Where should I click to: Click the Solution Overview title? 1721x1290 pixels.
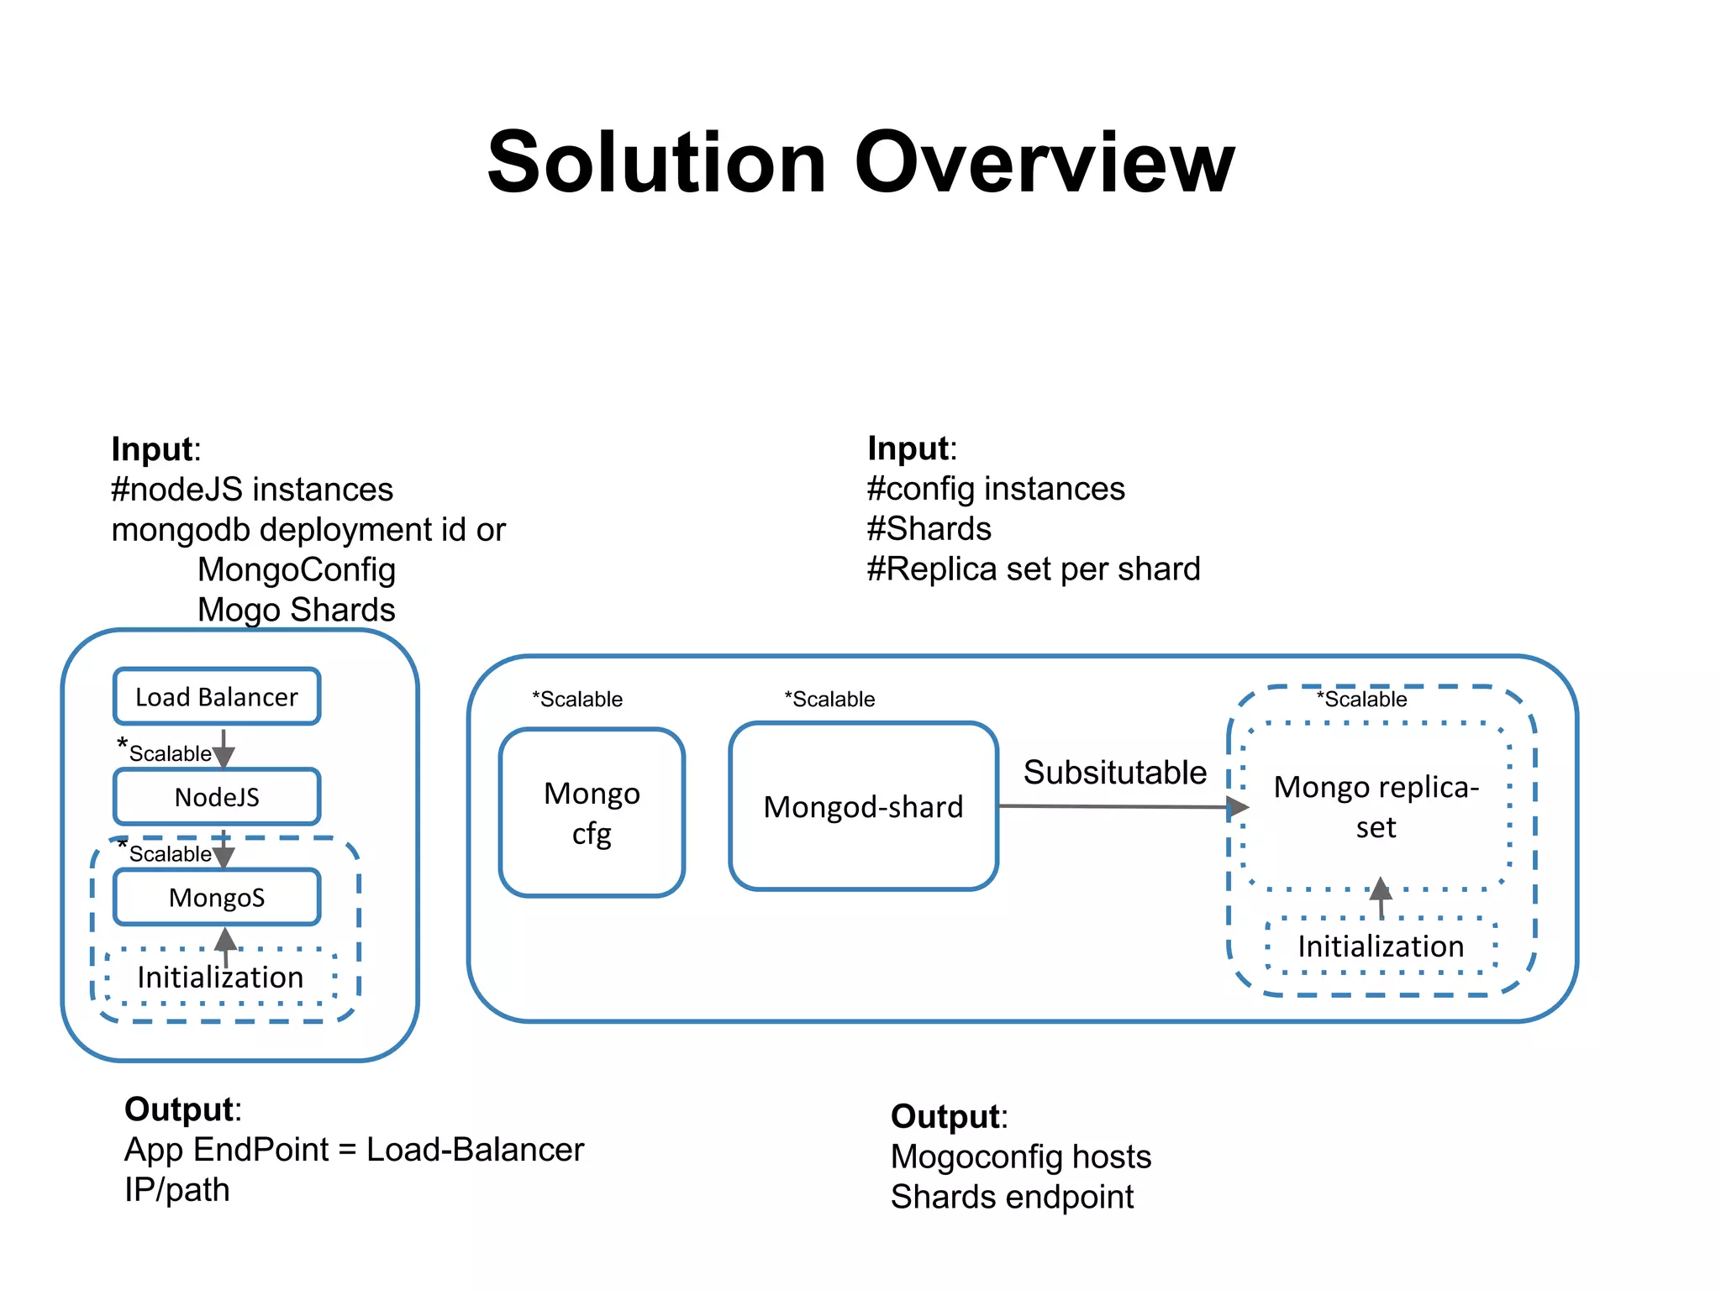[860, 163]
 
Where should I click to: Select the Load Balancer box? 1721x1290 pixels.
[217, 696]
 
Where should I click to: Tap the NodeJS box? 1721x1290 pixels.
[217, 796]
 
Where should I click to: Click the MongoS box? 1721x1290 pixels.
[217, 897]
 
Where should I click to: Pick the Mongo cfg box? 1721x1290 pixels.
[592, 812]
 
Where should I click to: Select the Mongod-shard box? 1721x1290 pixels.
[863, 806]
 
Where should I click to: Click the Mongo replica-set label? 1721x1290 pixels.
[1376, 806]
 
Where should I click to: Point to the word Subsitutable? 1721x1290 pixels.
[1114, 772]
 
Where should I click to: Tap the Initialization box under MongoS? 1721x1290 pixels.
[220, 977]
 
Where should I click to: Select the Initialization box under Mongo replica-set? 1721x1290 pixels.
[1381, 946]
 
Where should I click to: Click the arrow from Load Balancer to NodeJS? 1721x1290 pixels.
[224, 747]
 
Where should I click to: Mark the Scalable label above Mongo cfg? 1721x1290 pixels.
[577, 699]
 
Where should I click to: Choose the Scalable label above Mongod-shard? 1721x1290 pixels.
[829, 699]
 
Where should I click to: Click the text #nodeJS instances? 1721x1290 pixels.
[252, 489]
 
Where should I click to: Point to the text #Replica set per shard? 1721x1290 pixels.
[1034, 569]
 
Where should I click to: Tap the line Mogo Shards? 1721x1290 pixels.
[296, 609]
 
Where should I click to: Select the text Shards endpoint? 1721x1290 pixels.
[1012, 1196]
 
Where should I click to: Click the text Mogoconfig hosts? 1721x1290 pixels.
[1020, 1156]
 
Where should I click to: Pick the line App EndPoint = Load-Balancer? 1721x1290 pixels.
[354, 1149]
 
